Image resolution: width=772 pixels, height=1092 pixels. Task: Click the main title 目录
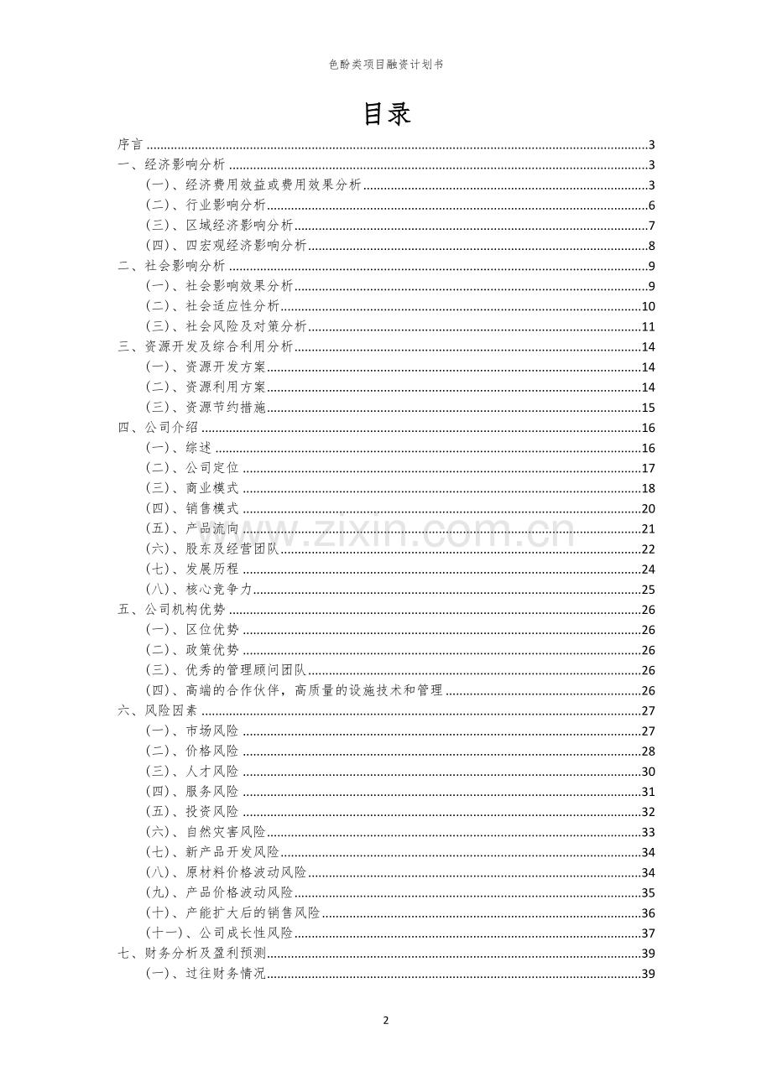386,114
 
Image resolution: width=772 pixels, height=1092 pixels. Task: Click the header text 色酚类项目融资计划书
386,64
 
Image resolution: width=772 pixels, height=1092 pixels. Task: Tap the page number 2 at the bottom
386,1021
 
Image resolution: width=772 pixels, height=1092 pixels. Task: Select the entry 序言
130,145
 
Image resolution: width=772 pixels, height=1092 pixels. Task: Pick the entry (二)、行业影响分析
206,205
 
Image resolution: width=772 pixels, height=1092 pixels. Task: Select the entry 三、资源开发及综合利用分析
206,347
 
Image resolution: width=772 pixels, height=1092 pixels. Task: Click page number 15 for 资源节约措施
648,408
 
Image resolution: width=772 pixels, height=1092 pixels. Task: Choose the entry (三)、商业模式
192,489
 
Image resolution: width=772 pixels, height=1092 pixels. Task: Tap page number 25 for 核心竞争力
648,590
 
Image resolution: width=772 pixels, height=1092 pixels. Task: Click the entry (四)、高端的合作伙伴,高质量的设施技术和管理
295,691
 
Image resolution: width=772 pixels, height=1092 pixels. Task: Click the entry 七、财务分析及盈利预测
192,954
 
